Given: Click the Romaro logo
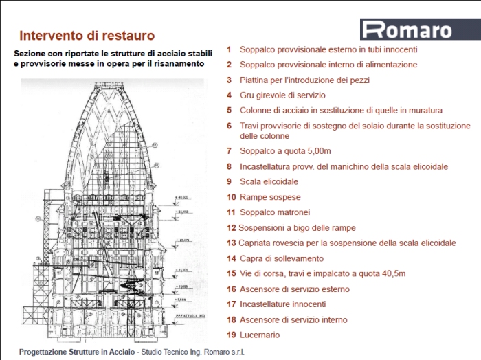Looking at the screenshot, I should (407, 30).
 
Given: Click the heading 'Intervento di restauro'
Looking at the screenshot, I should (87, 35).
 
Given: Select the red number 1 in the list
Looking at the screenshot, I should (229, 49).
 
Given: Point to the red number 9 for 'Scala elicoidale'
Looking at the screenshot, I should (229, 181).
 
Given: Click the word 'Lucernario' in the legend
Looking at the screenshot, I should (260, 335).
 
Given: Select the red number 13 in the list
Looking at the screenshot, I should (231, 243).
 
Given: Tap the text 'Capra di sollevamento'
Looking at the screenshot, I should (282, 258).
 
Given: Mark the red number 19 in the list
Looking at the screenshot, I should (231, 335).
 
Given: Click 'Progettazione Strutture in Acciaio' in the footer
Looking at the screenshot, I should (78, 352).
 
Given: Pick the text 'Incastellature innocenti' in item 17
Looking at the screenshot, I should (283, 304).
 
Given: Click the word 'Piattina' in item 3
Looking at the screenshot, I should (256, 80).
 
